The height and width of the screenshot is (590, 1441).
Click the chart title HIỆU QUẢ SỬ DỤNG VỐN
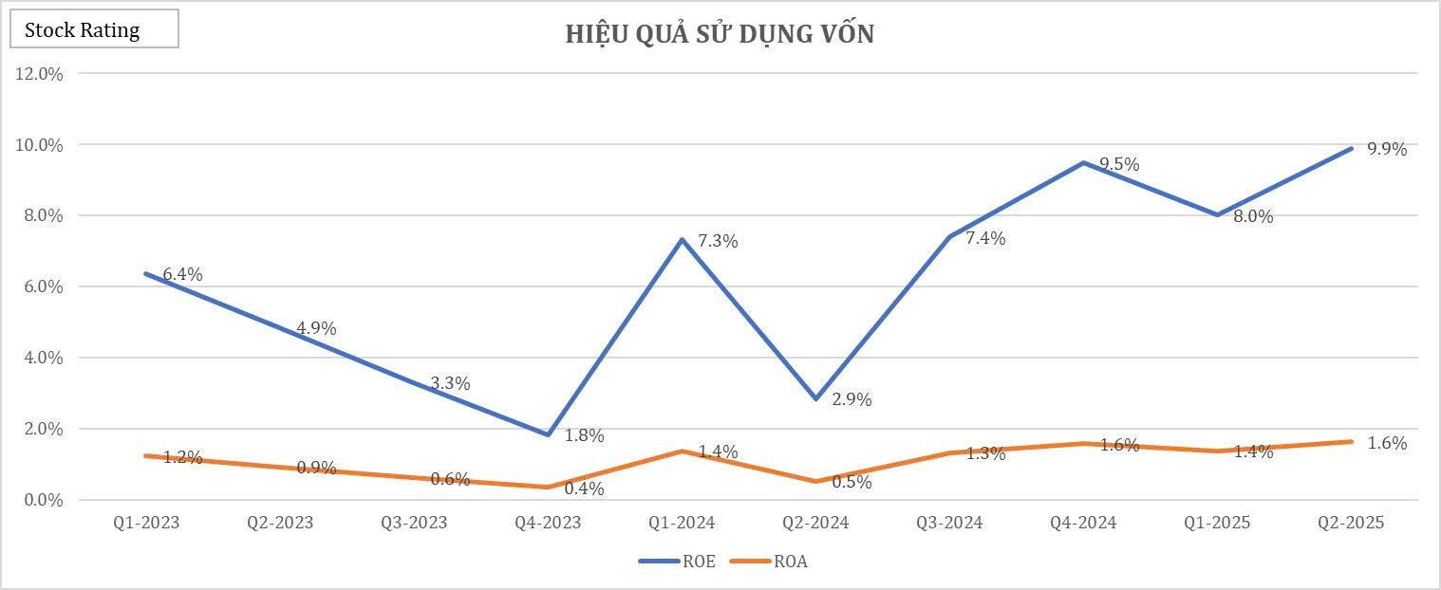click(x=720, y=35)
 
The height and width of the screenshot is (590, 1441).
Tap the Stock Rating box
click(x=94, y=30)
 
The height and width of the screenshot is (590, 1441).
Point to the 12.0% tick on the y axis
click(x=39, y=74)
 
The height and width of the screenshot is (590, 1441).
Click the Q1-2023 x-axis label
click(x=147, y=523)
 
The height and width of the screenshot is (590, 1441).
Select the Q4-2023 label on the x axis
click(x=548, y=523)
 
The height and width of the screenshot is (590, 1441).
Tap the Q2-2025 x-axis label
click(x=1352, y=523)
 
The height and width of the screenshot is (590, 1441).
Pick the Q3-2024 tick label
click(x=950, y=523)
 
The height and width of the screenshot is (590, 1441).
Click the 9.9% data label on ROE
click(x=1387, y=149)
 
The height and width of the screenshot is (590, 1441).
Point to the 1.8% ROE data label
click(x=584, y=436)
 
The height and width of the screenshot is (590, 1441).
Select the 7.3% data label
click(x=719, y=242)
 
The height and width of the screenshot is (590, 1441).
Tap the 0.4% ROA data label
click(x=584, y=489)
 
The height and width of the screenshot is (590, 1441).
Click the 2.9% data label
click(x=851, y=400)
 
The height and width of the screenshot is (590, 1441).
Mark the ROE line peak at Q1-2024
click(x=682, y=239)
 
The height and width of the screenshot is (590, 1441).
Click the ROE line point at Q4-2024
click(x=1083, y=162)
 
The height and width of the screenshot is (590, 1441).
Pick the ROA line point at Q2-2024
click(x=815, y=481)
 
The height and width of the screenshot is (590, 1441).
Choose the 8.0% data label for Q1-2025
click(x=1253, y=216)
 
